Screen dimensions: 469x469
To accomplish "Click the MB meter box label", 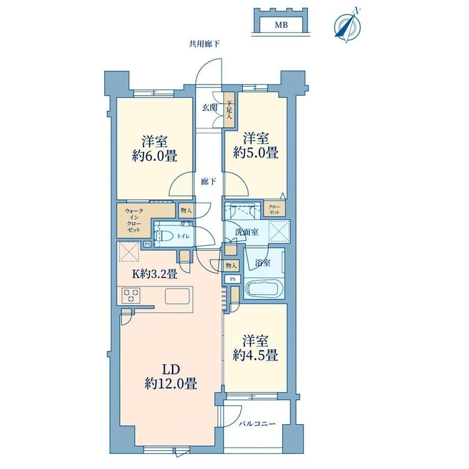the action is point(281,25).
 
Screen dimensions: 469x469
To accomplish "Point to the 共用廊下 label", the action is point(204,44).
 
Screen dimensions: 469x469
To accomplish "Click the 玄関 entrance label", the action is point(210,108).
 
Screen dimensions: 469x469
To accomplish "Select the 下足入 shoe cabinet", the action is point(229,110).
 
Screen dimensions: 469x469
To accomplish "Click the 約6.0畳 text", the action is point(154,156).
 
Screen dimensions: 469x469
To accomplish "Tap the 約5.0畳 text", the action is point(256,153).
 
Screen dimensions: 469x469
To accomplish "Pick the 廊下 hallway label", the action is point(209,181).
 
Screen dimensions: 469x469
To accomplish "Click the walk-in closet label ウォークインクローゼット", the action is point(133,220).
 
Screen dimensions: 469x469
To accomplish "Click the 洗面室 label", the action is point(246,232).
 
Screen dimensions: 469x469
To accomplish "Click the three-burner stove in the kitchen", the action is point(131,295).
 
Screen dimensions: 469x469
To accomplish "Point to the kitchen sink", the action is point(177,296).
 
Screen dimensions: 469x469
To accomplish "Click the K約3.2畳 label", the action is point(154,273).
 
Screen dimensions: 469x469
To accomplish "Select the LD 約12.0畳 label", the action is point(171,377).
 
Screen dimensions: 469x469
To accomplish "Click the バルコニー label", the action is point(257,424).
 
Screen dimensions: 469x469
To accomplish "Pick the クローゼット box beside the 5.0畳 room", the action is point(274,209).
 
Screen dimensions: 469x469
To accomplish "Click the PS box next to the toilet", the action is point(147,244).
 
